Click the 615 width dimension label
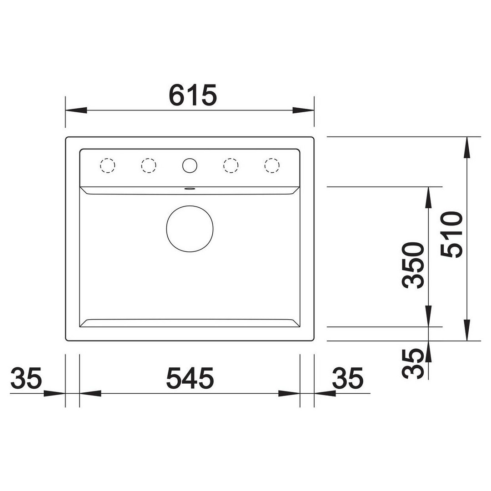click(x=193, y=95)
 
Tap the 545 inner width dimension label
click(x=190, y=378)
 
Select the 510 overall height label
click(x=451, y=235)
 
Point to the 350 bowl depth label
click(x=413, y=265)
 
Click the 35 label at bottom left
click(x=26, y=378)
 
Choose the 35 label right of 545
click(x=348, y=378)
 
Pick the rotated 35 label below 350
click(x=413, y=364)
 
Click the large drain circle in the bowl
click(x=190, y=229)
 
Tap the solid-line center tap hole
click(x=190, y=165)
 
